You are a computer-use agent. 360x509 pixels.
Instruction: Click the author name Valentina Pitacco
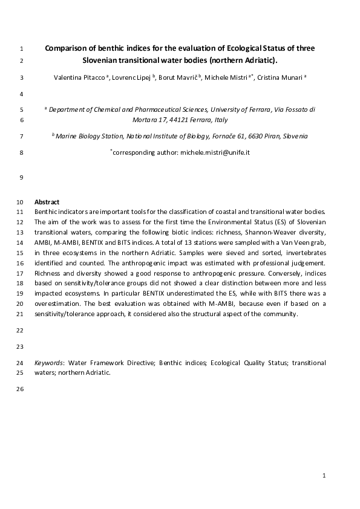76,78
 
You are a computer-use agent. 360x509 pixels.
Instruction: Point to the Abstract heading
47,201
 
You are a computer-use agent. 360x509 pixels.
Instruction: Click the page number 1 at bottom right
324,476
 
